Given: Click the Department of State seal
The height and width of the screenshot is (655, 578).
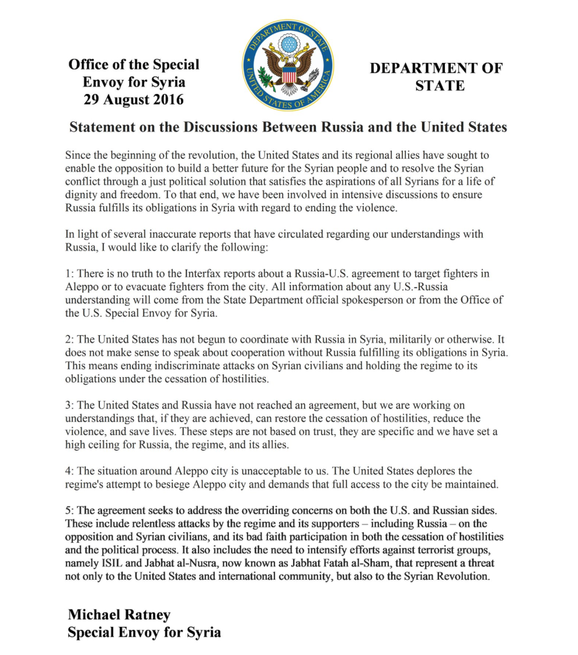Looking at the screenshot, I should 288,65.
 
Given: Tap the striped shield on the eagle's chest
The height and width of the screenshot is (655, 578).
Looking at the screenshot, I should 288,76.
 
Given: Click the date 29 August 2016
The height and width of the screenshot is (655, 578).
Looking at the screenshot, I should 133,99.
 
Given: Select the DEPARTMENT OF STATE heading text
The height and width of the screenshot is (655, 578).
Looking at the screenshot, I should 436,76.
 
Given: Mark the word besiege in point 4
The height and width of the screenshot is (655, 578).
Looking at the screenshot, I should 184,485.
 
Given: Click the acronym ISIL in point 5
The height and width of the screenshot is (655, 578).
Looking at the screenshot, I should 112,563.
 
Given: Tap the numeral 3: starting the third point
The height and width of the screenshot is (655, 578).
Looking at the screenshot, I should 69,405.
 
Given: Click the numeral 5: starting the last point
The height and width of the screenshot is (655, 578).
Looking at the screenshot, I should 69,510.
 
